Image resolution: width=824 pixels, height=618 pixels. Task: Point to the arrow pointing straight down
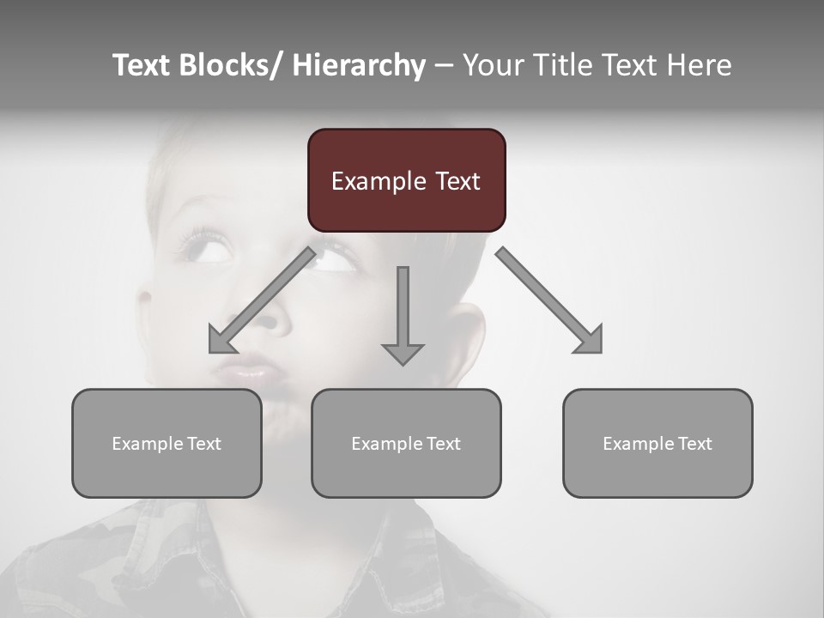click(x=403, y=318)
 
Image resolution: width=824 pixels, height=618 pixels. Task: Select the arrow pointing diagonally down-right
click(x=549, y=301)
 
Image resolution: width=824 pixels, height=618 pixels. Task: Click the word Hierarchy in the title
click(x=359, y=65)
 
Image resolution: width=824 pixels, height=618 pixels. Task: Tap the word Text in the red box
click(x=456, y=181)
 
